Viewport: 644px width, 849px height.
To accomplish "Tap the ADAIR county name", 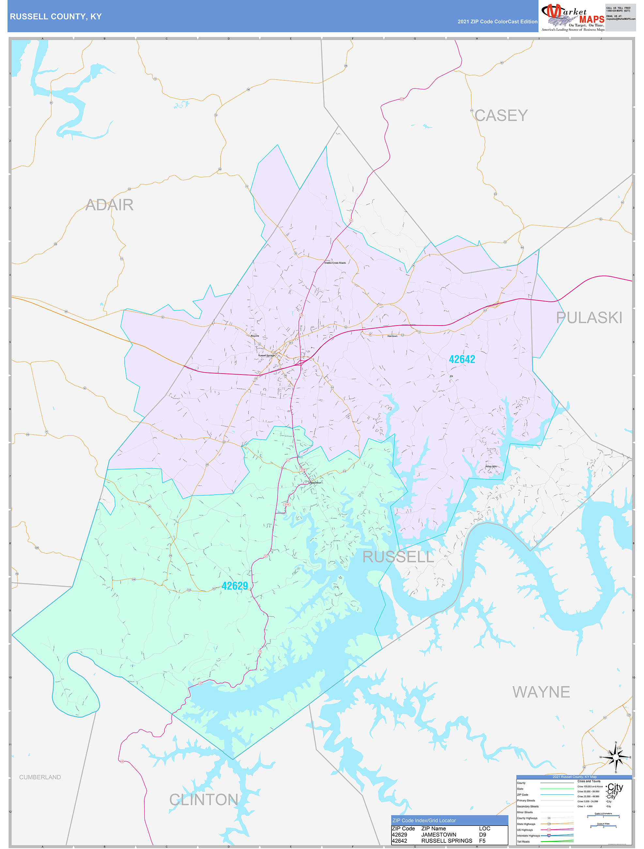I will point(109,205).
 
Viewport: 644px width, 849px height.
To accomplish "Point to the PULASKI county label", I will point(589,318).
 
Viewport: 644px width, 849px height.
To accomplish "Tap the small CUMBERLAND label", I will point(40,777).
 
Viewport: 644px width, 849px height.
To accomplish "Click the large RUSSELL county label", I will point(398,557).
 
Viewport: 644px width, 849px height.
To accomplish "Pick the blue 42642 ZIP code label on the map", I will point(462,359).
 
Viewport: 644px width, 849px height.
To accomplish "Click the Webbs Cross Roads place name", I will point(335,263).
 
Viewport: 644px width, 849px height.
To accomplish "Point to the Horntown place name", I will point(392,336).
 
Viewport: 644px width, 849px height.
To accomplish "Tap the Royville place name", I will point(255,336).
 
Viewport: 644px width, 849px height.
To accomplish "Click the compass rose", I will point(616,757).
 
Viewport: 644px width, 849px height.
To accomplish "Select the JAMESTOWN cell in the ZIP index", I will point(439,834).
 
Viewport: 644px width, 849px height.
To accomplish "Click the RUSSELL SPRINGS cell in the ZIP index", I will point(447,841).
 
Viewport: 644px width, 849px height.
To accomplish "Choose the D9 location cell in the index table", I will point(483,834).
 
